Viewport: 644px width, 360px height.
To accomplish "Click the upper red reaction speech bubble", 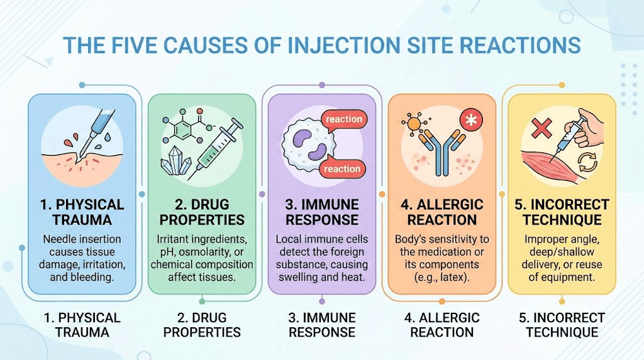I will [x=343, y=118].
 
